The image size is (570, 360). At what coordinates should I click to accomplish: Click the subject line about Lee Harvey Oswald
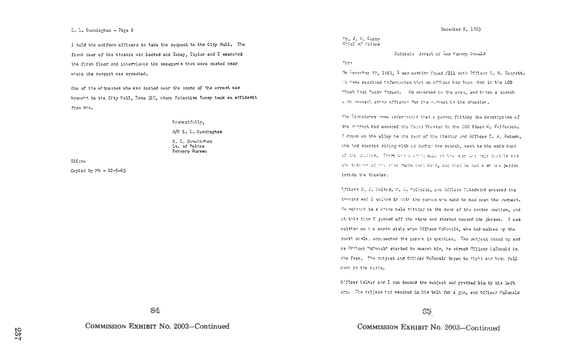point(440,54)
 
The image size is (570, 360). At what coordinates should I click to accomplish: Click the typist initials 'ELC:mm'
point(78,162)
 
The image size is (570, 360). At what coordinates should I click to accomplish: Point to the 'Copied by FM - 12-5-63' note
point(98,171)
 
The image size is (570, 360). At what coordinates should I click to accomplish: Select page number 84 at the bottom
point(155,311)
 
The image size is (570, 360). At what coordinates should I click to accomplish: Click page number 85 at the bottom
point(427,312)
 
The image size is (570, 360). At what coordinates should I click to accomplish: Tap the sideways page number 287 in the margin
point(18,333)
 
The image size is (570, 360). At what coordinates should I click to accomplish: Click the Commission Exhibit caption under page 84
point(157,327)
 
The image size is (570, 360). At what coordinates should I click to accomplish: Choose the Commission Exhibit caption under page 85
point(428,328)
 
